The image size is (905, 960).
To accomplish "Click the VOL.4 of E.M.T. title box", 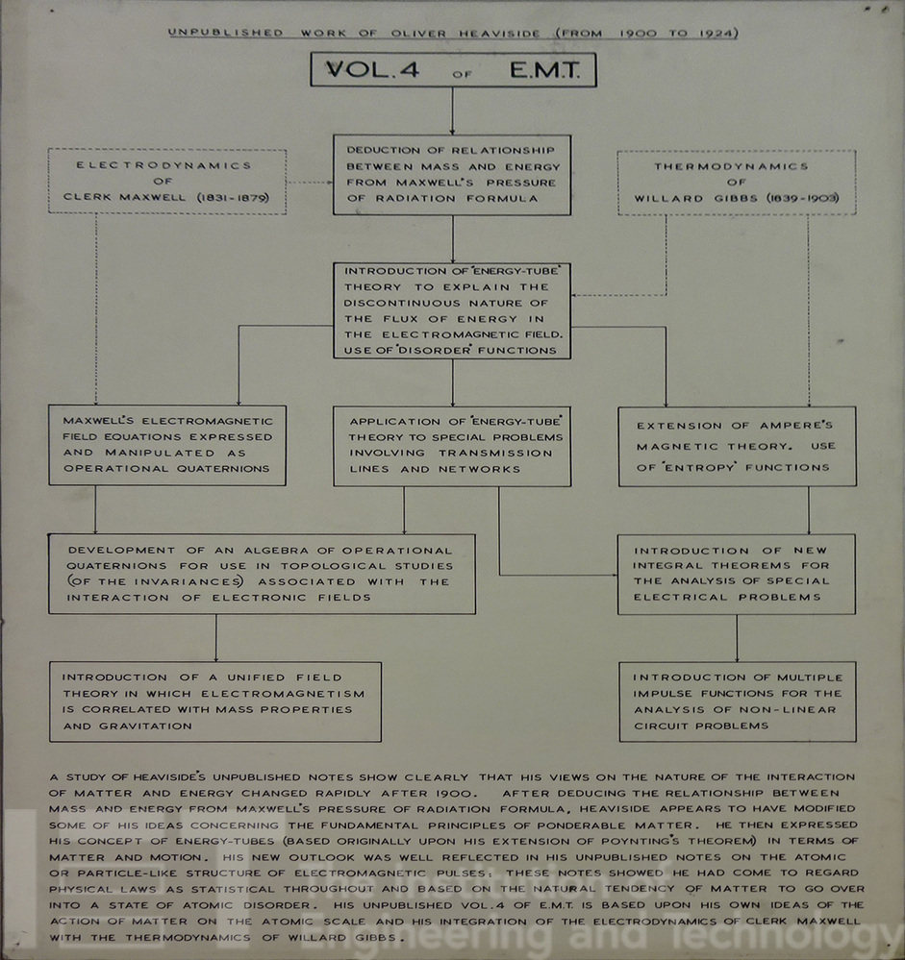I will tap(453, 70).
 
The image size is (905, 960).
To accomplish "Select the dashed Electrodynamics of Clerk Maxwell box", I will tap(167, 182).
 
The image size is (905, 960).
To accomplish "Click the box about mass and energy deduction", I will tap(452, 175).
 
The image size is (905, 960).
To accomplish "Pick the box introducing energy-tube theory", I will tap(452, 310).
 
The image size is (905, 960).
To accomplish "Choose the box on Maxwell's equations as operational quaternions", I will tap(167, 445).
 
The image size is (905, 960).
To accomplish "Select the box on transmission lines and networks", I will tap(452, 446).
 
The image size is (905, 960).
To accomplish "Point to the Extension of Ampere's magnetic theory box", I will tap(737, 446).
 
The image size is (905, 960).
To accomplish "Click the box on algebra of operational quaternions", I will tap(262, 574).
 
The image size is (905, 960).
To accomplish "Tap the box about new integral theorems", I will tap(737, 574).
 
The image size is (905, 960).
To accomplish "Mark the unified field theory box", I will tap(215, 702).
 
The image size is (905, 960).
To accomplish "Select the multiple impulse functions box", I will tap(737, 702).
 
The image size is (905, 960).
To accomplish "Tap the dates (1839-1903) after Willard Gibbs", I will tap(799, 198).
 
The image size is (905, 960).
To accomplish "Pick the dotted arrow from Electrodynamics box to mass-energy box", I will tap(310, 181).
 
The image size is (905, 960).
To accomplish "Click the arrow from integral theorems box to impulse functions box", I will tap(737, 638).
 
